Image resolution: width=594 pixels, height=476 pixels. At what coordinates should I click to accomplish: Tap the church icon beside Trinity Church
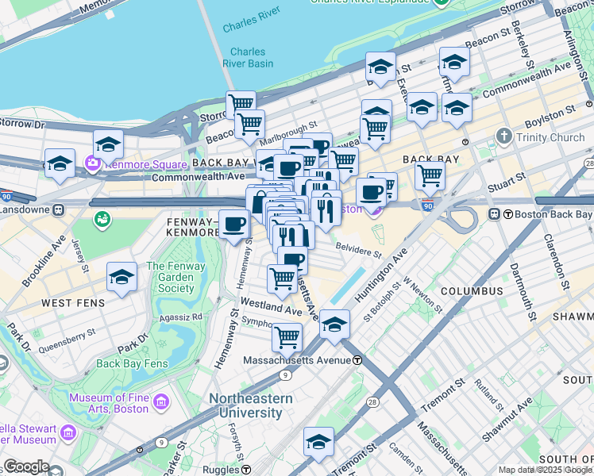[504, 137]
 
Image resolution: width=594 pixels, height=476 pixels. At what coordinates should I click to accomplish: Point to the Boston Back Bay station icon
[493, 214]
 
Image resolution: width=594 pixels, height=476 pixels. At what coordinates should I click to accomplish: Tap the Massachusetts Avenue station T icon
[357, 360]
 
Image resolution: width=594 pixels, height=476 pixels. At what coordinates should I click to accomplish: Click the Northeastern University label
[250, 405]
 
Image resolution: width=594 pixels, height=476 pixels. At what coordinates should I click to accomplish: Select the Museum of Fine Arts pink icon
[161, 402]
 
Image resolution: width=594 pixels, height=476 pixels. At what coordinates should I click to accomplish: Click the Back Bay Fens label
[132, 363]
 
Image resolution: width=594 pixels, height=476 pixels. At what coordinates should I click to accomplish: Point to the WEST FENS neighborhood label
[73, 303]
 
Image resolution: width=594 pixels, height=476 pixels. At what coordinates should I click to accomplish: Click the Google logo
[26, 466]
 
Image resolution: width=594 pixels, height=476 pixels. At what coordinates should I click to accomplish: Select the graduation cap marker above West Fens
[121, 277]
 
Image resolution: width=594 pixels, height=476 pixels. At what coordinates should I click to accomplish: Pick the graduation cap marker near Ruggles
[318, 442]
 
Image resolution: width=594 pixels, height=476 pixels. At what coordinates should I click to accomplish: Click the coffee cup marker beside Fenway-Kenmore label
[233, 225]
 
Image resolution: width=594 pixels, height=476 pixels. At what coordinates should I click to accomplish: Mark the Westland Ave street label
[271, 305]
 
